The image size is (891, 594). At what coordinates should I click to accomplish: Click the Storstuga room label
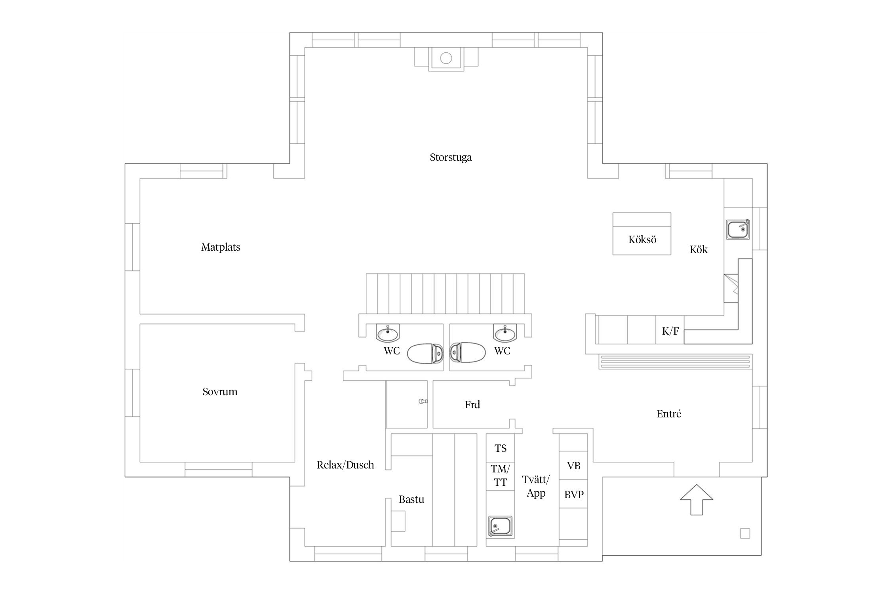tap(451, 157)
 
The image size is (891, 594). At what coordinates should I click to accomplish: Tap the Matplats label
tap(221, 247)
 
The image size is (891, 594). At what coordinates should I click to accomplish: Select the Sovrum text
tap(220, 392)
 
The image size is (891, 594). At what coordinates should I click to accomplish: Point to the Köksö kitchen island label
tap(642, 240)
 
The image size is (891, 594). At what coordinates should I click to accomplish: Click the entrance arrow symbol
tap(697, 499)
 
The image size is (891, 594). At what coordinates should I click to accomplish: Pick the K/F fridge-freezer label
tap(670, 331)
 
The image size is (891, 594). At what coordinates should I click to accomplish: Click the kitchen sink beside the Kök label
tap(738, 229)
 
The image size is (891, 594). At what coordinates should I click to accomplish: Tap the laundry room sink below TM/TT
tap(500, 526)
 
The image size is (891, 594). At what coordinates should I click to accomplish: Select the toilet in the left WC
tap(425, 353)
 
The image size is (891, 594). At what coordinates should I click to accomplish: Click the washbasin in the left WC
tap(388, 333)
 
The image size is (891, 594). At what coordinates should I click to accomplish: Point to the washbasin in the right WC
tap(505, 333)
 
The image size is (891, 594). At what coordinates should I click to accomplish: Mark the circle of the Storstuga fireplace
tap(446, 58)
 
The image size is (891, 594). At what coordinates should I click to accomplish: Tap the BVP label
tap(574, 494)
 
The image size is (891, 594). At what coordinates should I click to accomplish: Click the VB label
tap(574, 466)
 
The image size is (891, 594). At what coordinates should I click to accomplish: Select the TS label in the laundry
tap(501, 448)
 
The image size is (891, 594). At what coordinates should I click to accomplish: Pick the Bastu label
tap(411, 499)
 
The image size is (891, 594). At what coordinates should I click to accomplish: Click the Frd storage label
tap(472, 404)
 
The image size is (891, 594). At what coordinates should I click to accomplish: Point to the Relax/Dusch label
tap(345, 465)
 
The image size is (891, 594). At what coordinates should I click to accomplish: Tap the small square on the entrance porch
tap(745, 533)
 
